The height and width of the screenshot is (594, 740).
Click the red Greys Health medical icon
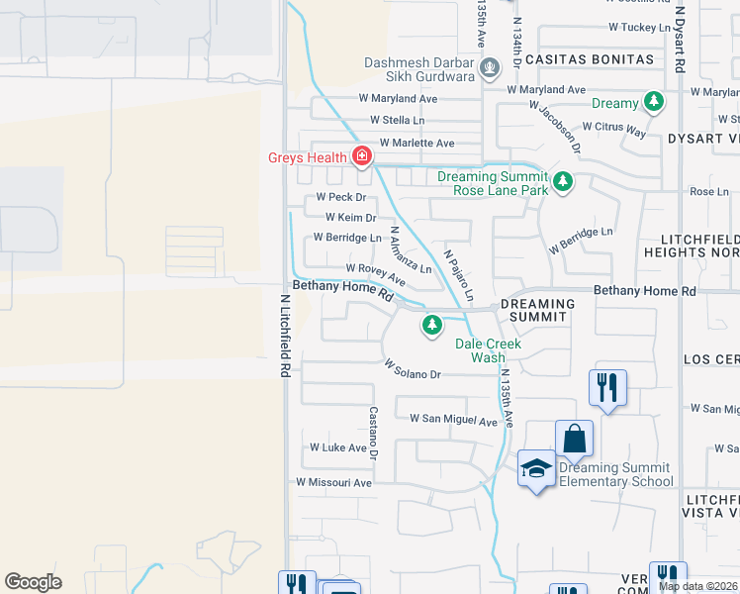362,156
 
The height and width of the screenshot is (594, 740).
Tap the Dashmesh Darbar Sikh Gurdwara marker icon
489,68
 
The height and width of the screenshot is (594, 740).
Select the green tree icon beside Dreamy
653,102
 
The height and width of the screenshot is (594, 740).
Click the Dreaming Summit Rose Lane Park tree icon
563,181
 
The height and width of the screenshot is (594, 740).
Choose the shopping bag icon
574,438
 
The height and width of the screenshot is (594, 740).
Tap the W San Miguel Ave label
453,421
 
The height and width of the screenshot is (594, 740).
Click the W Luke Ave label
338,447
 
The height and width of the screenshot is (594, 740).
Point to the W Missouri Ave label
333,482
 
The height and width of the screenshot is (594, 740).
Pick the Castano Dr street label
374,433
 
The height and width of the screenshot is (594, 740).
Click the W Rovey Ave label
375,274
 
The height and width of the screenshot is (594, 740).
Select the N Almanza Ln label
410,250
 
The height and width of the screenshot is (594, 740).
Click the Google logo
33,582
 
